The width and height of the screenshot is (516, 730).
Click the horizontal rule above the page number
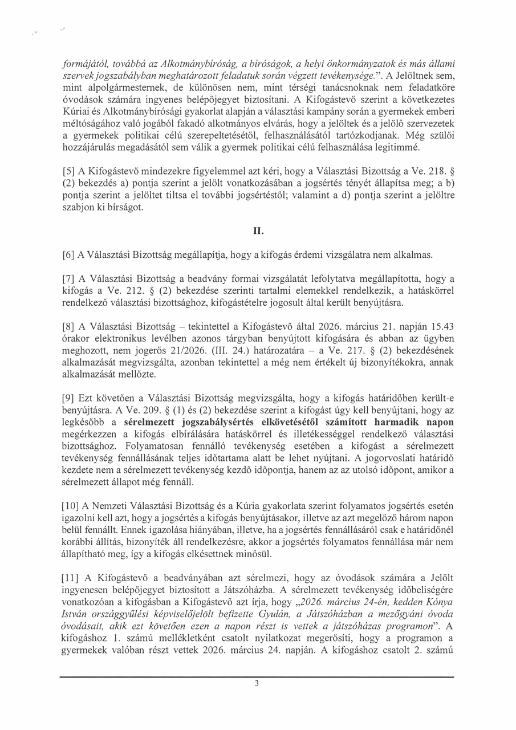point(257,677)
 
